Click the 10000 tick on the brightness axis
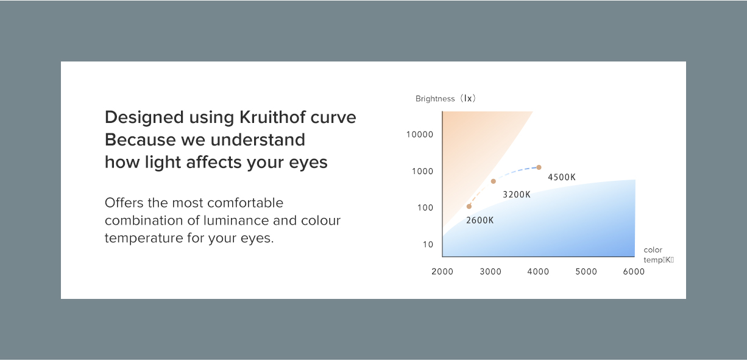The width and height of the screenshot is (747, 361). click(x=420, y=135)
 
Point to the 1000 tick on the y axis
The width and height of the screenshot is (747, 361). click(x=422, y=171)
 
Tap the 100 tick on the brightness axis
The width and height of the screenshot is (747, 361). click(x=425, y=208)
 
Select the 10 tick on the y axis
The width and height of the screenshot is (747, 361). click(x=428, y=245)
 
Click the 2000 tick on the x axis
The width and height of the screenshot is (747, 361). click(x=442, y=272)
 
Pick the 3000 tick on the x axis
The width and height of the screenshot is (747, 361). click(x=490, y=272)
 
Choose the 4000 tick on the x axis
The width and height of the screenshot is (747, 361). click(x=538, y=272)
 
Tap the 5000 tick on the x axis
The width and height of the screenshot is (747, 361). click(x=586, y=272)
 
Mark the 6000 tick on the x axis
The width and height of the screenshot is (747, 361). click(x=634, y=272)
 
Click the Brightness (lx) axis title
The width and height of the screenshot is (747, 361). click(x=445, y=99)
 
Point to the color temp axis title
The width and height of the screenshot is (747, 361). click(x=658, y=255)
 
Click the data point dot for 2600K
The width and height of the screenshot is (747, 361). click(x=469, y=206)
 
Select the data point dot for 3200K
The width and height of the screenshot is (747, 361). click(x=493, y=181)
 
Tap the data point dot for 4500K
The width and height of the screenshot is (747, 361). click(x=539, y=167)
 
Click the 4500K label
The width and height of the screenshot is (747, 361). click(x=562, y=177)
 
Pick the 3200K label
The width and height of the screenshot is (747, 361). click(x=517, y=195)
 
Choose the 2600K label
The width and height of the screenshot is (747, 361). click(x=480, y=220)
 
